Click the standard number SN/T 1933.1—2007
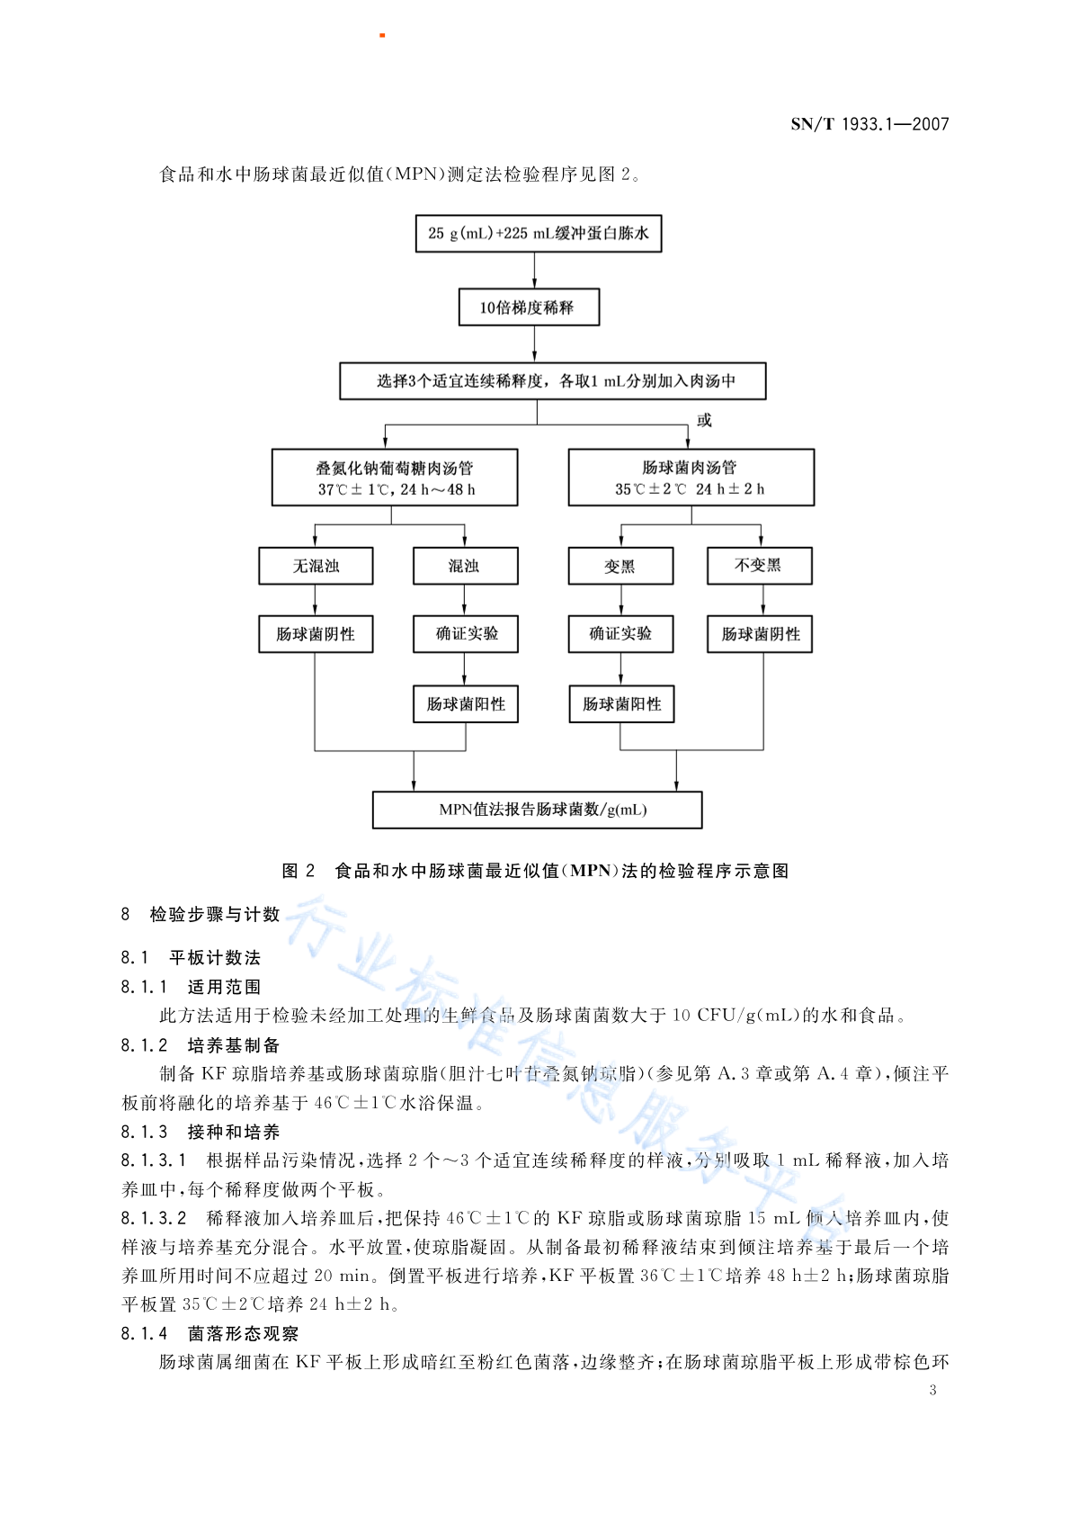pos(869,123)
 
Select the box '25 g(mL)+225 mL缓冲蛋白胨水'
pos(539,234)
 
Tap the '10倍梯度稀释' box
pos(529,308)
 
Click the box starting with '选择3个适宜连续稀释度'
pos(553,381)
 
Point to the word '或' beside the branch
pos(704,420)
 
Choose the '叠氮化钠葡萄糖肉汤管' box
pos(395,477)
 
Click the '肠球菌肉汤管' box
pos(691,477)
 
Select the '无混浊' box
pos(316,566)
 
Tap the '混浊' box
pos(466,566)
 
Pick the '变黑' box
pos(620,566)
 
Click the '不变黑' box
pos(759,566)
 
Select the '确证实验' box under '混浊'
pos(466,634)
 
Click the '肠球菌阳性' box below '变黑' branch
pos(621,704)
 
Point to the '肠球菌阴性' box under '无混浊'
pos(316,634)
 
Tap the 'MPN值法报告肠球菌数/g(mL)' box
pos(537,810)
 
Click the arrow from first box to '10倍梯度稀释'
pos(534,271)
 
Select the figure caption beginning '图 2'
pos(535,871)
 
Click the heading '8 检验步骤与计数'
pos(200,915)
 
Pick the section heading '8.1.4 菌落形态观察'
pos(210,1333)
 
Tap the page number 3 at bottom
pos(932,1391)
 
